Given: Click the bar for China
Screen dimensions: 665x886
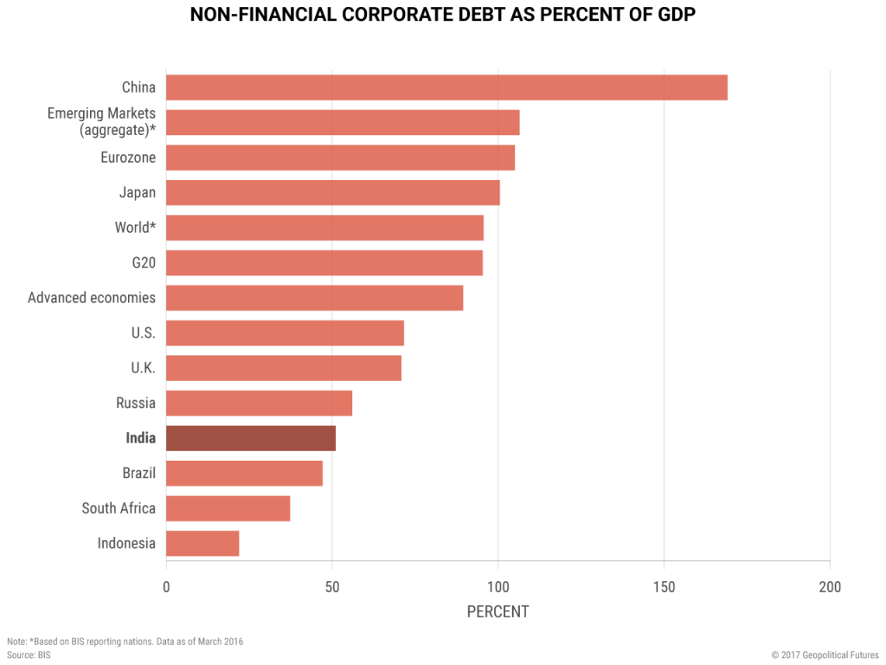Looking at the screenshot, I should [446, 87].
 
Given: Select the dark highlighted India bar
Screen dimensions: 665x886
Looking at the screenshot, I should [251, 438].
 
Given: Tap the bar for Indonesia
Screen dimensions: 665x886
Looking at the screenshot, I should [202, 544].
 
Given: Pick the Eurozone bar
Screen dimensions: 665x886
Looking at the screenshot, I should [340, 158].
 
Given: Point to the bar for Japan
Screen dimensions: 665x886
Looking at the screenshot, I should [333, 193].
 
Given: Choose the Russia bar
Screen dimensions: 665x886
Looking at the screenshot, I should [259, 404].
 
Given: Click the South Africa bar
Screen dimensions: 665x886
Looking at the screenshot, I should [228, 508].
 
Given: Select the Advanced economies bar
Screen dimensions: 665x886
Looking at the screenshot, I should [315, 298].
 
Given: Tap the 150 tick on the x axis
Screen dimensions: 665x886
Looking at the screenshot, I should [664, 588].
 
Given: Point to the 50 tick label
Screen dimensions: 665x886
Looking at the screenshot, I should [331, 588].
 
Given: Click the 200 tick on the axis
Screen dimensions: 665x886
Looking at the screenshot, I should [830, 588].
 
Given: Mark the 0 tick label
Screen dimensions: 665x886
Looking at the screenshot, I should [166, 588].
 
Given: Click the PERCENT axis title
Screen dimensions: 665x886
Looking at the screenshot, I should [498, 612].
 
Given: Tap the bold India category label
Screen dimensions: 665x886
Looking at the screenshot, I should [140, 438].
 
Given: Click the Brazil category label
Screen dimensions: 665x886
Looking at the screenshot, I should [138, 474].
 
